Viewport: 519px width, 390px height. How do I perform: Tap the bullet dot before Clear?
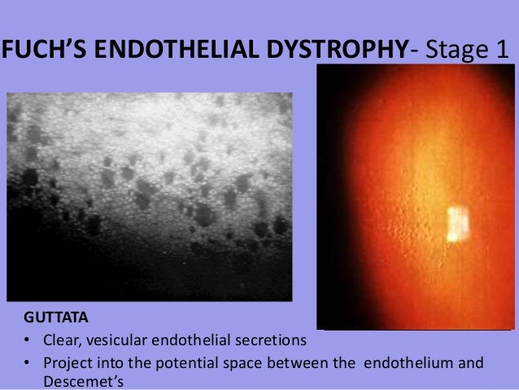coord(27,338)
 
